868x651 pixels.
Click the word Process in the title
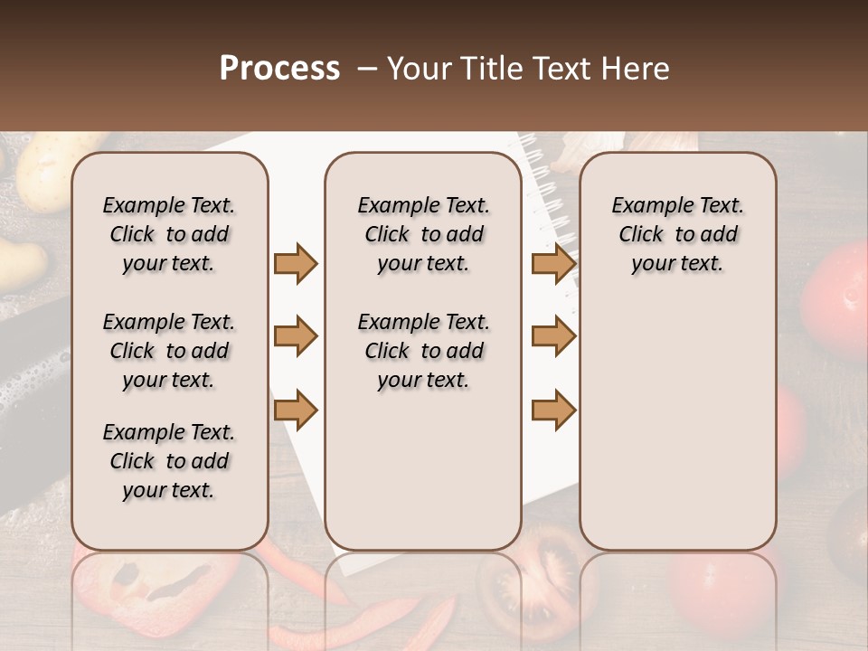[x=278, y=69]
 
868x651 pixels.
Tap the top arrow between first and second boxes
[x=296, y=263]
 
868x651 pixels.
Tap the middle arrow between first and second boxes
[x=296, y=336]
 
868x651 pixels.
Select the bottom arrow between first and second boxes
[x=296, y=410]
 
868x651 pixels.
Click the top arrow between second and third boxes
[x=553, y=263]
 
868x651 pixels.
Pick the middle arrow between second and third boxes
[x=553, y=336]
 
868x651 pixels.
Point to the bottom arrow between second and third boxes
[x=553, y=410]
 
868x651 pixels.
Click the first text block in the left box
[x=169, y=234]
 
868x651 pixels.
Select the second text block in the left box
[x=169, y=351]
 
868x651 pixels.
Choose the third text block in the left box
[x=169, y=461]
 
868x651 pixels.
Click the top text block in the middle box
[x=423, y=234]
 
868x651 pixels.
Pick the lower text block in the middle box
[x=423, y=351]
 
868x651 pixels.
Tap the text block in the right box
[x=677, y=234]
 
